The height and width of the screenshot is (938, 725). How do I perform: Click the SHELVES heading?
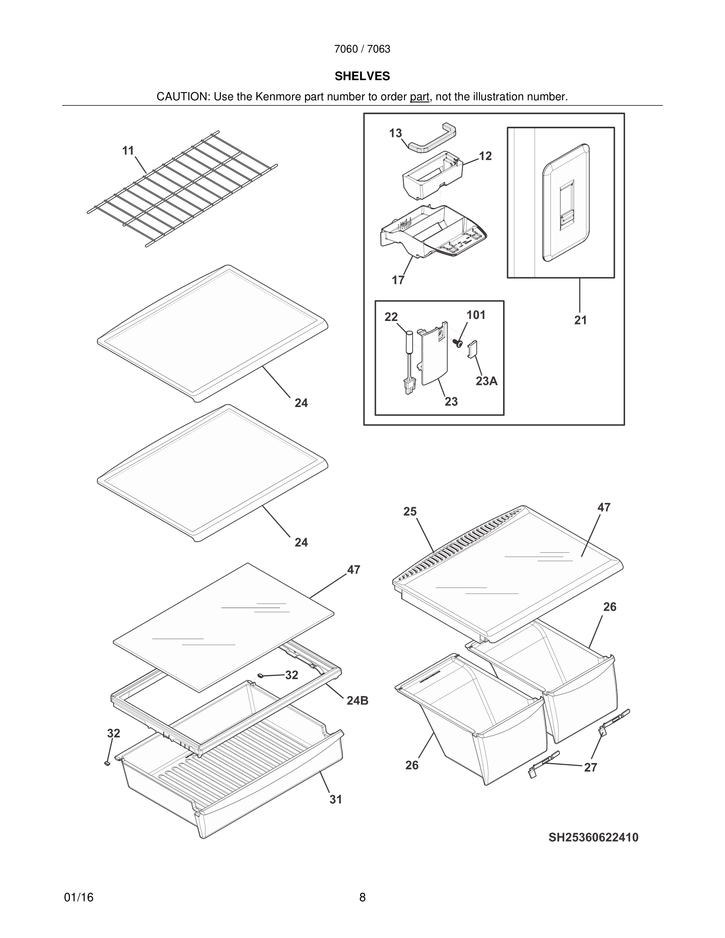point(362,76)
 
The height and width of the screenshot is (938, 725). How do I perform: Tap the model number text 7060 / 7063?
point(362,49)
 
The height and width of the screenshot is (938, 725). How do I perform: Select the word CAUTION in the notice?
point(182,97)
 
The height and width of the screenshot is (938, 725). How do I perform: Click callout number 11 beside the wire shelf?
point(128,151)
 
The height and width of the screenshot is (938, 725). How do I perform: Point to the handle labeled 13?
point(432,138)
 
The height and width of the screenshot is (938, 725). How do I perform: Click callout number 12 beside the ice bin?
point(485,156)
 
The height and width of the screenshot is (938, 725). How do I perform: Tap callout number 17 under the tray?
point(398,280)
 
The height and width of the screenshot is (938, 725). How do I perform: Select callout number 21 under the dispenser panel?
point(580,321)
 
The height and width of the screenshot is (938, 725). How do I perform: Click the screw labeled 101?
point(458,343)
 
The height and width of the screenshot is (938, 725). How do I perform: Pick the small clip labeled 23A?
point(472,349)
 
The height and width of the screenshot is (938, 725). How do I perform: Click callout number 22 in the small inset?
point(391,317)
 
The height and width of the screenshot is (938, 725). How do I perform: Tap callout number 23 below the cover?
point(451,401)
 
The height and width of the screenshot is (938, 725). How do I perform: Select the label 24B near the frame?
point(357,701)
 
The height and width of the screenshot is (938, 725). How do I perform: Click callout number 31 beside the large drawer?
point(336,799)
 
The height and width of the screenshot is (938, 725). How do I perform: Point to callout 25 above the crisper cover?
point(410,512)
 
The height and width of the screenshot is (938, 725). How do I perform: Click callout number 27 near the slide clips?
point(591,767)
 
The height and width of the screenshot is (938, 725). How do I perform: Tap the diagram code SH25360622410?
point(593,837)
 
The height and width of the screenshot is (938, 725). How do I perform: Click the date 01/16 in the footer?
point(79,898)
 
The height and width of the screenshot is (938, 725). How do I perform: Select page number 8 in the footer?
point(362,898)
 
